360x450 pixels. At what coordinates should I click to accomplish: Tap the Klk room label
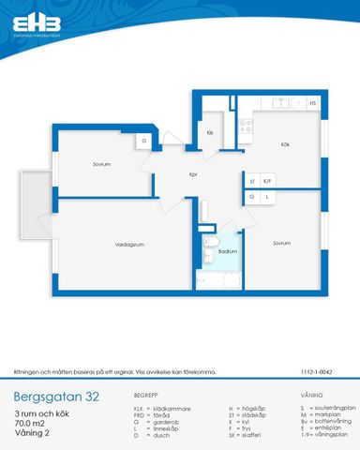210,132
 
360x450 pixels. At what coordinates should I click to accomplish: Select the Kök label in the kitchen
282,143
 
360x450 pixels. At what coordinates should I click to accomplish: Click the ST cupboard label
251,180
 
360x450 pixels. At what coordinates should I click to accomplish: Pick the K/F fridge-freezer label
267,180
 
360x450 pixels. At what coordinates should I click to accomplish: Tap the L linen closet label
267,197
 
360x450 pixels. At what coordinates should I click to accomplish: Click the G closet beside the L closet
251,197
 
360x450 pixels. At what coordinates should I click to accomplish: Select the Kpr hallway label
192,174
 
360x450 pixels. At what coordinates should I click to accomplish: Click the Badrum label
228,251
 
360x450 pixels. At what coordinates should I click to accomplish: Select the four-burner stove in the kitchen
244,131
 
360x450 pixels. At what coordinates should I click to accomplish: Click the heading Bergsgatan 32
55,396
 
